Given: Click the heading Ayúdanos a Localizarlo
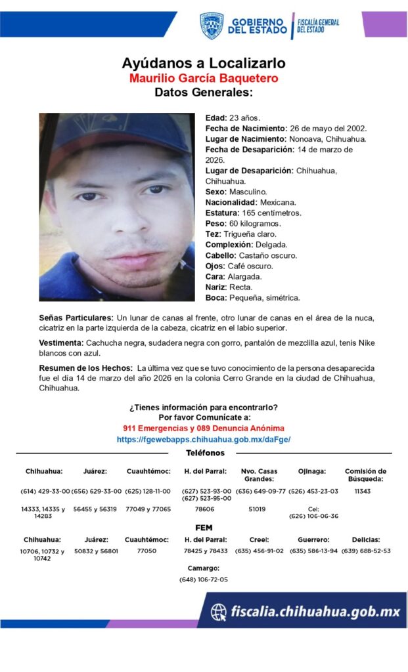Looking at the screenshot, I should (204, 64).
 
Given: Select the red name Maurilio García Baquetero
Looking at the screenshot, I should (204, 78).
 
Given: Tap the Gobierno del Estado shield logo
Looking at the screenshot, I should (212, 26).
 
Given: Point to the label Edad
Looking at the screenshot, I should (215, 117).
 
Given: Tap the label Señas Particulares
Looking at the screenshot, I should (76, 318).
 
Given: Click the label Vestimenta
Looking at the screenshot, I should (61, 343).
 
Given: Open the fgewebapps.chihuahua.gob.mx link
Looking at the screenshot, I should (204, 440).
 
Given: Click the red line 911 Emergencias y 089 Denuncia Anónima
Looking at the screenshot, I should (204, 428).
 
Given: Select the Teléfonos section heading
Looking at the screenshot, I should (205, 453).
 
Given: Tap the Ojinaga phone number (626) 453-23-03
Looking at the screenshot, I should (313, 491).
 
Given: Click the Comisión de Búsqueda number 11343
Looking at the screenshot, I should (363, 491).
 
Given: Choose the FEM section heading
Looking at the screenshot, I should (204, 528).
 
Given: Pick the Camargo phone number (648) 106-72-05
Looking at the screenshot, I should (204, 579).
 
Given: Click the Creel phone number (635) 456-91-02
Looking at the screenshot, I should (259, 551).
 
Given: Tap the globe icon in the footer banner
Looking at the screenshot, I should (219, 612).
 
